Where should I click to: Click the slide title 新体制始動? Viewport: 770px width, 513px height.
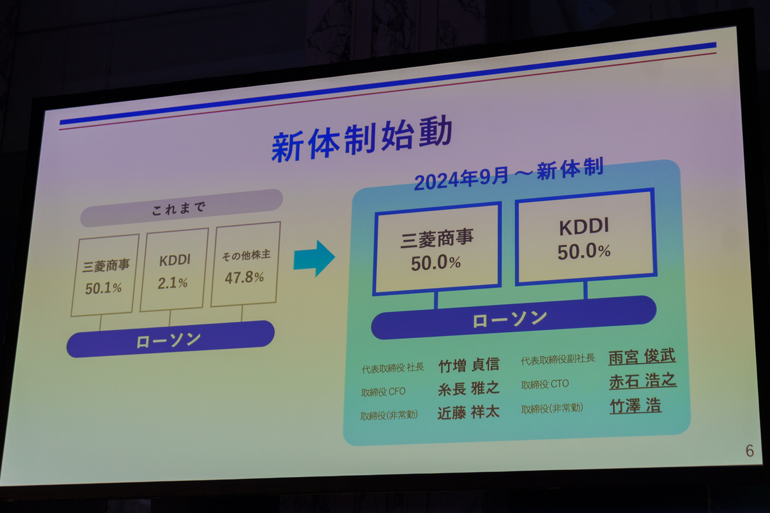point(362,139)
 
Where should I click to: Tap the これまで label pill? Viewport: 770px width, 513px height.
point(182,208)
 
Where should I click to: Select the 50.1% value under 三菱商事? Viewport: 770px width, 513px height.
point(103,289)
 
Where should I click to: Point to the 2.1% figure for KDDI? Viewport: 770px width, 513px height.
point(173,283)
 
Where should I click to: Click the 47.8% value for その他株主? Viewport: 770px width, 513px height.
point(244,277)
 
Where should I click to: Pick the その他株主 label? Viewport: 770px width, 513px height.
point(246,255)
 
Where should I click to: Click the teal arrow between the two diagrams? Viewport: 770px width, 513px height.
point(314,258)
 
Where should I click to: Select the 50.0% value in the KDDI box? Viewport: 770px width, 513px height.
point(584,251)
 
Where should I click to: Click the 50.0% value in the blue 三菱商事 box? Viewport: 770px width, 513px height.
point(436,263)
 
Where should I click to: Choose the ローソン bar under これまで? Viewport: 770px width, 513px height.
point(171,339)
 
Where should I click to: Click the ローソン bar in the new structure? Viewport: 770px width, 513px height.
point(514,318)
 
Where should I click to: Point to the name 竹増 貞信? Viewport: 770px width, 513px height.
point(469,366)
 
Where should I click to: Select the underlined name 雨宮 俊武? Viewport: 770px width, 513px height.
point(642,357)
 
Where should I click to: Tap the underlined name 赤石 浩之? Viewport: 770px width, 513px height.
point(643,381)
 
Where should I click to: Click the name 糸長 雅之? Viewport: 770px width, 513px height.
point(469,389)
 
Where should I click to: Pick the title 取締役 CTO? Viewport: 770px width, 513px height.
point(545,385)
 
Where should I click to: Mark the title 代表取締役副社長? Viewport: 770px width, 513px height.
point(558,360)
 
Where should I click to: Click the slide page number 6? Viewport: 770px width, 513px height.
point(749,451)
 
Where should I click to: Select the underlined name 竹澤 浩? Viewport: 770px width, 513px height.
point(636,406)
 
